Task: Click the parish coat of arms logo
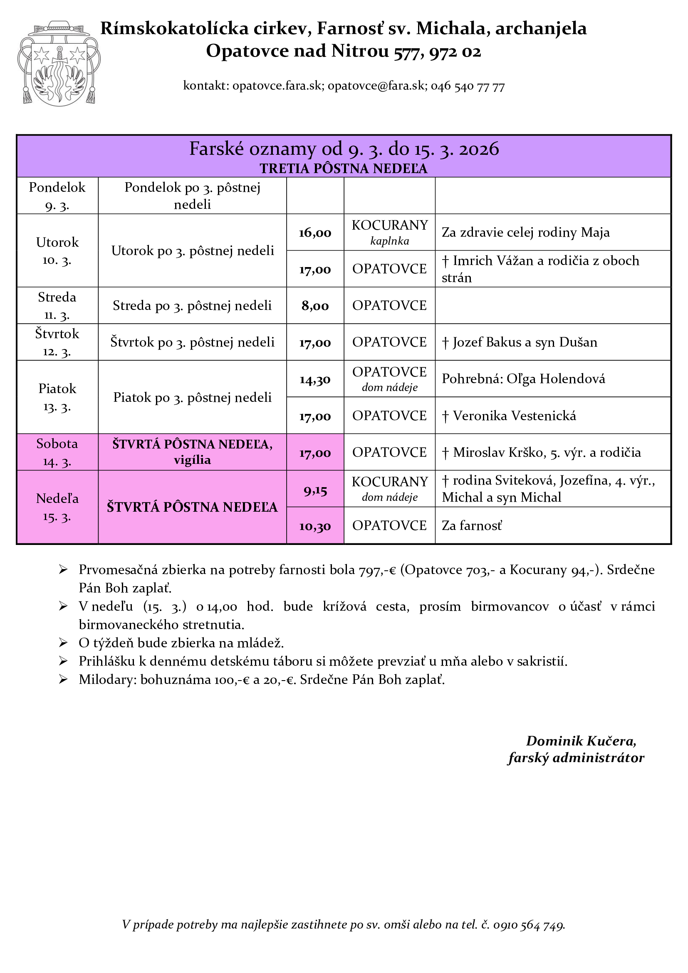tap(59, 64)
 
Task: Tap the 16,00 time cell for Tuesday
tap(315, 233)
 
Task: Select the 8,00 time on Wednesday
tap(315, 306)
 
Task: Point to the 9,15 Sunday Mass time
tap(315, 490)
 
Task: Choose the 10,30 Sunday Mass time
tap(315, 526)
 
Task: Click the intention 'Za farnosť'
tap(472, 526)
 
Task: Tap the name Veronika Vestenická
tap(514, 416)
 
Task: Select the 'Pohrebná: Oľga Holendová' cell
tap(523, 379)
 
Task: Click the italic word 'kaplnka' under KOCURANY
tap(389, 241)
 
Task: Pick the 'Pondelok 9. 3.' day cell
tap(57, 196)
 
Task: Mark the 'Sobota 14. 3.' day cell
tap(57, 452)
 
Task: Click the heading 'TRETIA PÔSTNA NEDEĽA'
tap(344, 168)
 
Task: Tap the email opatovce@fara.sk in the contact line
tap(376, 86)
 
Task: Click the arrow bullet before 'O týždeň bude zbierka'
tap(63, 643)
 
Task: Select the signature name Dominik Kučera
tap(581, 741)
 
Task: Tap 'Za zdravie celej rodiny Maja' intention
tap(525, 233)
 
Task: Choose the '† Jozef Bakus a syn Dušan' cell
tap(520, 342)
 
